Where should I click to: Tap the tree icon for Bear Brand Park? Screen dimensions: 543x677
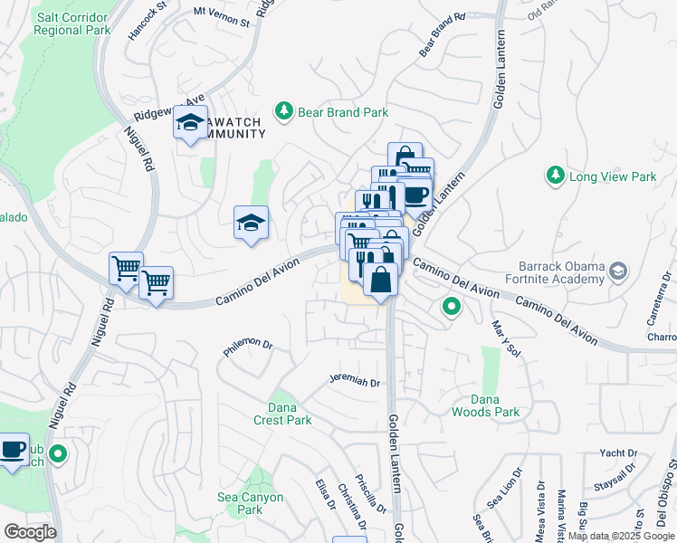[x=285, y=110]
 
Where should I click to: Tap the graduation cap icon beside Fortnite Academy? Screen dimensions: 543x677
[x=618, y=271]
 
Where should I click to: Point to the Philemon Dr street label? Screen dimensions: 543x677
[x=248, y=346]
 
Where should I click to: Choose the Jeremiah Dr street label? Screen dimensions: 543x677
[x=353, y=382]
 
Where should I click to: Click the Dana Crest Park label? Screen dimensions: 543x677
[x=282, y=414]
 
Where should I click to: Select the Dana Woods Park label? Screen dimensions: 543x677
[x=485, y=405]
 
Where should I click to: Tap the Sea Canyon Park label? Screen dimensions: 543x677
[x=251, y=503]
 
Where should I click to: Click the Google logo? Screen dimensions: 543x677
[x=30, y=532]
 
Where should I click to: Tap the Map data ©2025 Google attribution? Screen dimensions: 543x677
[x=621, y=536]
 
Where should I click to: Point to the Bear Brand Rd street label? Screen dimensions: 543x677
[x=442, y=35]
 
